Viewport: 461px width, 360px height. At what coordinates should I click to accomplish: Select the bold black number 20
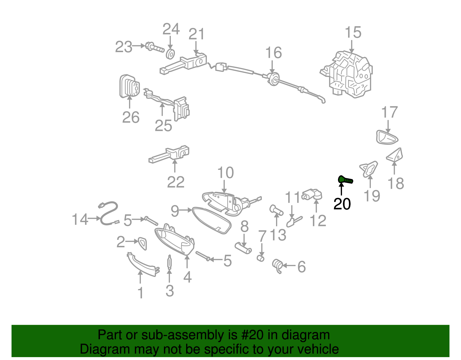342,204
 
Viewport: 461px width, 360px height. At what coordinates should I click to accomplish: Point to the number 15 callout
353,32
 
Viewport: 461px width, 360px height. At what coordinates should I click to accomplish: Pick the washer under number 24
171,54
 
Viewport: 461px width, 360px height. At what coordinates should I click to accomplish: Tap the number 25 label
163,126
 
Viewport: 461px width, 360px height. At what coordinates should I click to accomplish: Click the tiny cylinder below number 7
261,258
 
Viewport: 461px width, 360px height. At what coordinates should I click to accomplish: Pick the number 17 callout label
389,112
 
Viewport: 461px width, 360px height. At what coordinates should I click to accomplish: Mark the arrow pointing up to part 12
317,206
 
